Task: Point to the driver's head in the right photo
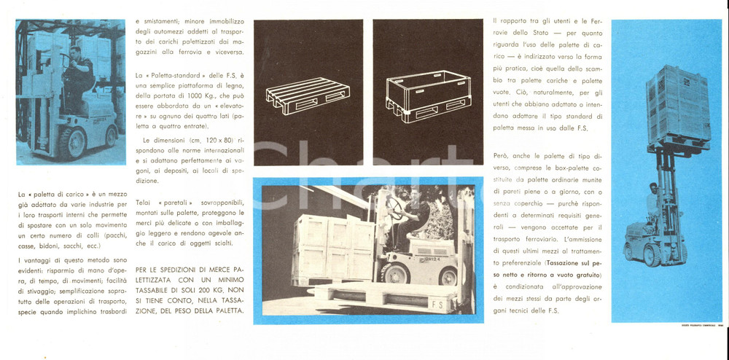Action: (652, 187)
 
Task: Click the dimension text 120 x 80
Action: (216, 138)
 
